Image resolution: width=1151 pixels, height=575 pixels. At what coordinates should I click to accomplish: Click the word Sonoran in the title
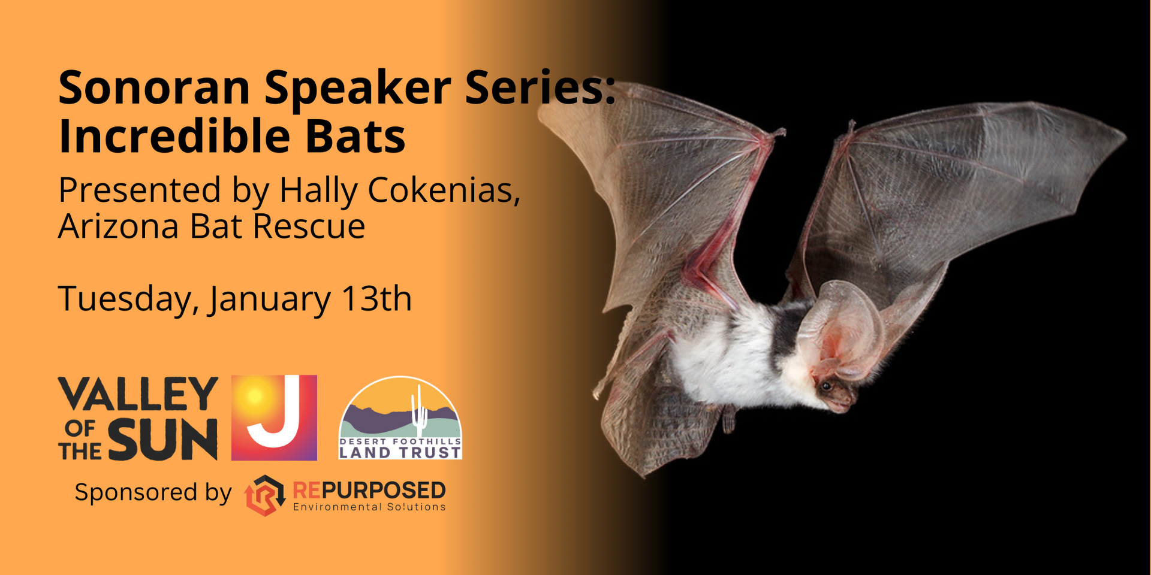click(x=154, y=87)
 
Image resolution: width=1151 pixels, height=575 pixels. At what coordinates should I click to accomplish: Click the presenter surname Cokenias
click(x=444, y=190)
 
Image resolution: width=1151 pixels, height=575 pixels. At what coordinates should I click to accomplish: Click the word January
click(x=269, y=300)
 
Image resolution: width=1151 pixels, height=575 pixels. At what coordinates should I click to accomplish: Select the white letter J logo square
click(x=274, y=417)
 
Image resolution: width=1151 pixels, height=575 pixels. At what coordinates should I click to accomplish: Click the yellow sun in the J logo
click(x=254, y=396)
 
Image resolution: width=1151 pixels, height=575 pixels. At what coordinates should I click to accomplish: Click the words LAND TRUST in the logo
click(x=400, y=453)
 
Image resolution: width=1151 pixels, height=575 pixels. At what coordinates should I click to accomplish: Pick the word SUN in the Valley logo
click(x=163, y=440)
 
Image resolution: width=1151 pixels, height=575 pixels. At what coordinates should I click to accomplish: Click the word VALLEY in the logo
click(x=138, y=394)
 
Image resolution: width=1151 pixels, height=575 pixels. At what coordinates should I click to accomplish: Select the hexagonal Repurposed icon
click(x=264, y=495)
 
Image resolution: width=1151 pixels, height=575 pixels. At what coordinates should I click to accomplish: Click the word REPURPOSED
click(x=369, y=491)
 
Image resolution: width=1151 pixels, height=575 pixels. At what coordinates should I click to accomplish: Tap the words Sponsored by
click(x=153, y=493)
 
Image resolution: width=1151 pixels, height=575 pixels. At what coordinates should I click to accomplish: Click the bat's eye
click(x=826, y=386)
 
